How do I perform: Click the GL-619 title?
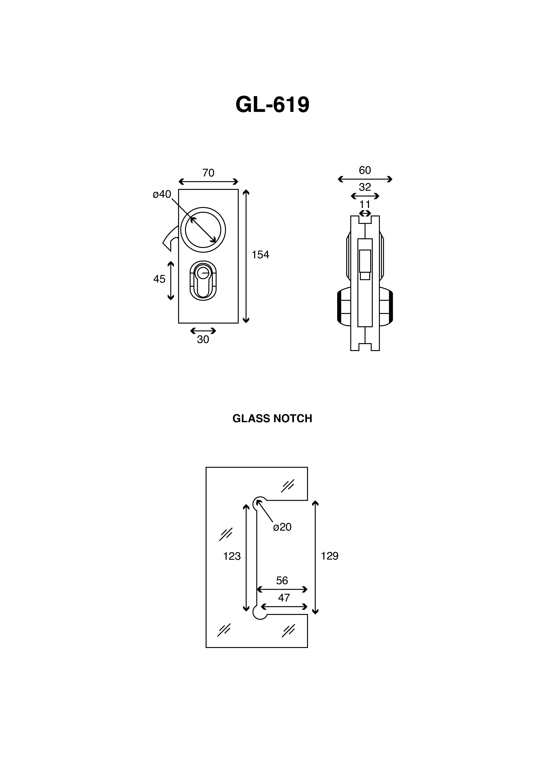(x=272, y=105)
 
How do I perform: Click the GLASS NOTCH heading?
(x=272, y=418)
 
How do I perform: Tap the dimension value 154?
(x=260, y=255)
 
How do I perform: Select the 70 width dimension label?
(x=208, y=173)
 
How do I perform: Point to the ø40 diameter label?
(x=162, y=194)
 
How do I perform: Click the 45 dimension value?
(x=159, y=279)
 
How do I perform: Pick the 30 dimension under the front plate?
(x=203, y=340)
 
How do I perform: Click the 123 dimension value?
(x=232, y=556)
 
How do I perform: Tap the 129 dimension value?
(x=330, y=556)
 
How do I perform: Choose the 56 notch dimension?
(x=282, y=581)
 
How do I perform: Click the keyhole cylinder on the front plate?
(x=203, y=280)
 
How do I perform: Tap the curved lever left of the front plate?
(x=169, y=239)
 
